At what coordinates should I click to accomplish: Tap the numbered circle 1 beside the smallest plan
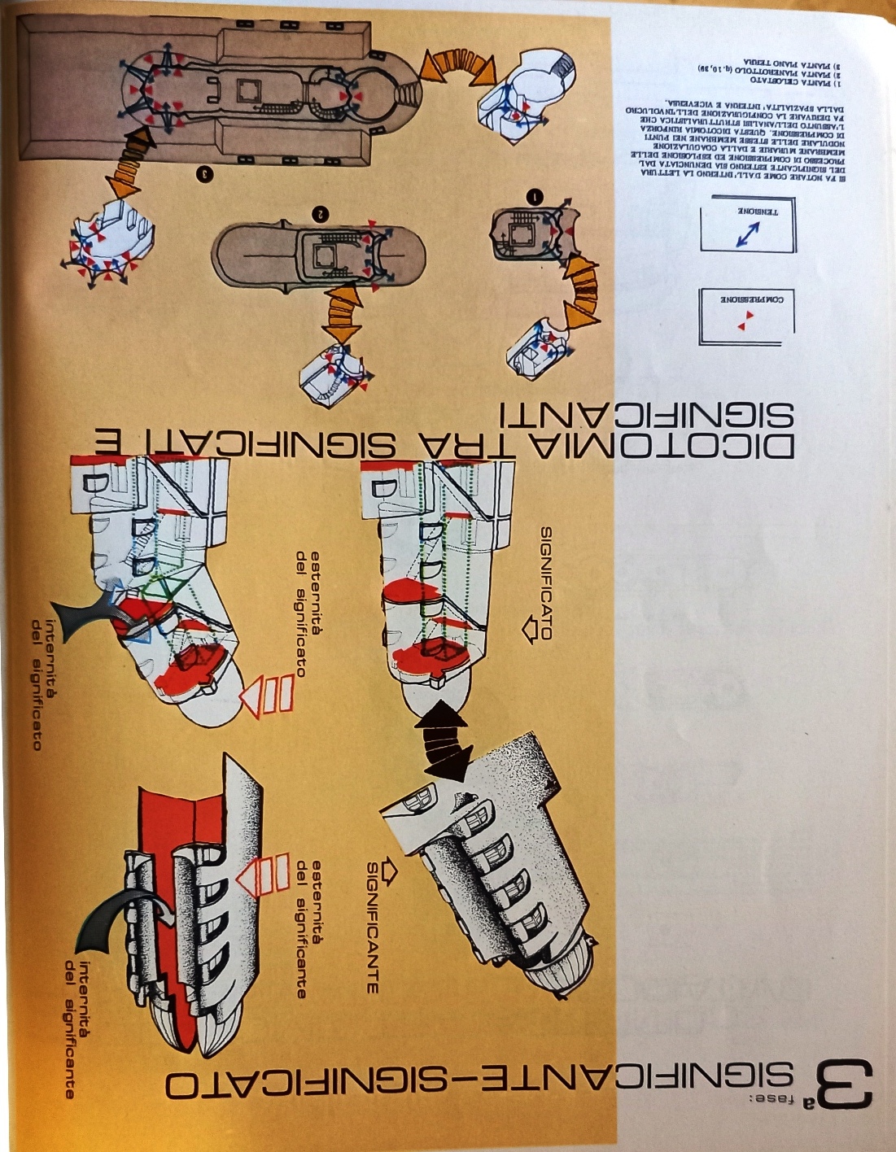535,196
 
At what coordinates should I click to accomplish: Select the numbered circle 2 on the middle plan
321,212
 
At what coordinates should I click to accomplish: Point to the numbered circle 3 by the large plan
204,173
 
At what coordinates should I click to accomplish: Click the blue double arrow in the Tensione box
746,235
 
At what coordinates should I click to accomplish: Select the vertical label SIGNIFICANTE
372,927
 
